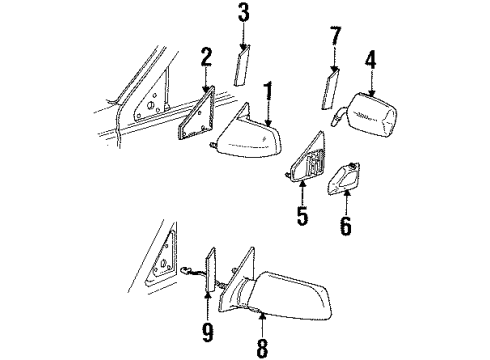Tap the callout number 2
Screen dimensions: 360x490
[205, 57]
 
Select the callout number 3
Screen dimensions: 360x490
[243, 14]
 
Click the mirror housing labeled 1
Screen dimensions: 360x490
[250, 140]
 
